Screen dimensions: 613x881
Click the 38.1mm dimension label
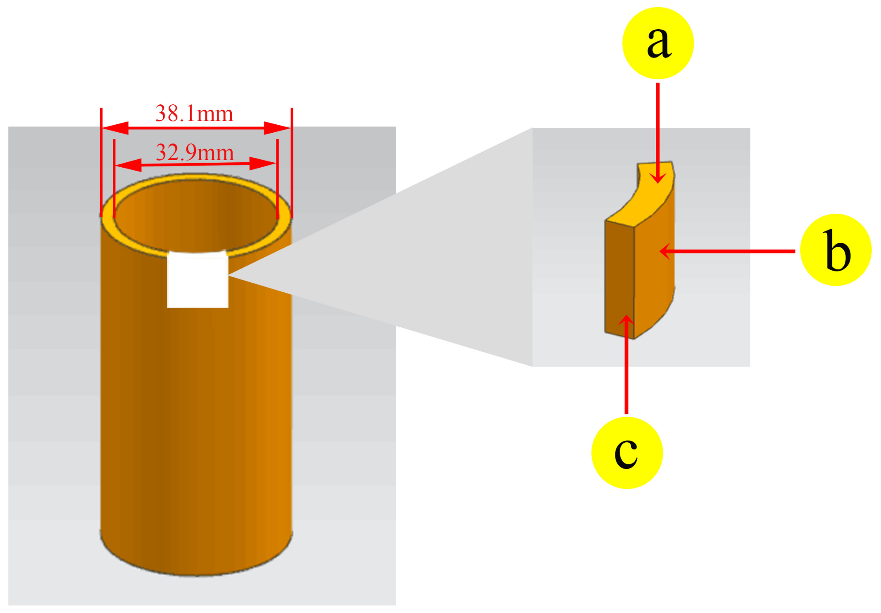point(194,114)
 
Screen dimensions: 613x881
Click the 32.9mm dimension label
point(195,153)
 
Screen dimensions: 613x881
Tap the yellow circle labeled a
point(658,43)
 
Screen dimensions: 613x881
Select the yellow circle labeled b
point(835,250)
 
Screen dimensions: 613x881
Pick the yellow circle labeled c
point(627,453)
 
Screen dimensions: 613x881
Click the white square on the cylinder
point(198,280)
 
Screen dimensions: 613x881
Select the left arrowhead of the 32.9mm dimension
point(128,165)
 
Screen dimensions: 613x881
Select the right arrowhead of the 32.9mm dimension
point(263,164)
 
